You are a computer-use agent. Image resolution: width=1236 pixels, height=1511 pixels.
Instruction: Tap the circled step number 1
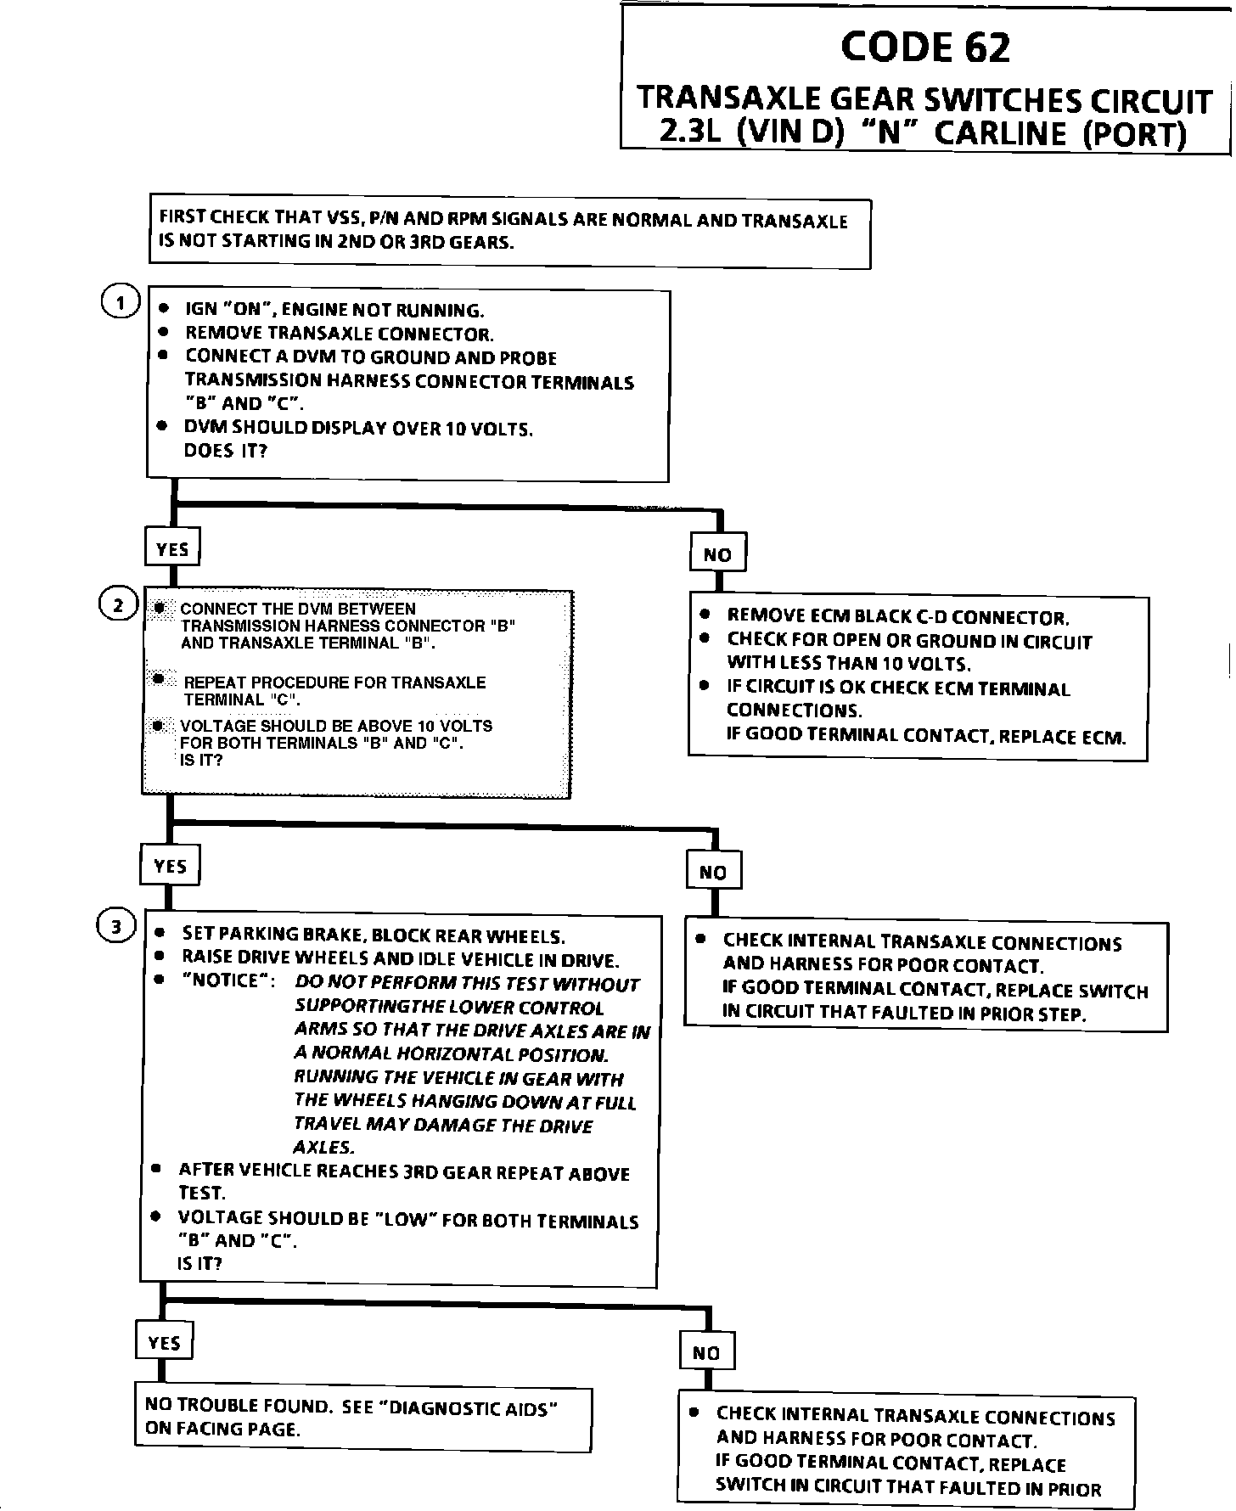pyautogui.click(x=121, y=303)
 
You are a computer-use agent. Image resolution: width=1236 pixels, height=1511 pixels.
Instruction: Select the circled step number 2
pyautogui.click(x=119, y=605)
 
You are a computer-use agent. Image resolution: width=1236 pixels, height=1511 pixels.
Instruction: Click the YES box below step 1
pyautogui.click(x=172, y=549)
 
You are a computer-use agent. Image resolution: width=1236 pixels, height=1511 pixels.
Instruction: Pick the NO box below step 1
pyautogui.click(x=717, y=555)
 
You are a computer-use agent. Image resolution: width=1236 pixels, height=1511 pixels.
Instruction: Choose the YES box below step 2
pyautogui.click(x=170, y=867)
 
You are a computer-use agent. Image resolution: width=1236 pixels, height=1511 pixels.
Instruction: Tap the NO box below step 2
pyautogui.click(x=713, y=873)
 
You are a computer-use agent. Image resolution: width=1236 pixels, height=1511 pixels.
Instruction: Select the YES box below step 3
pyautogui.click(x=164, y=1343)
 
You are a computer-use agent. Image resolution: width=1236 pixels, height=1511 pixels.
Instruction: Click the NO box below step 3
pyautogui.click(x=706, y=1353)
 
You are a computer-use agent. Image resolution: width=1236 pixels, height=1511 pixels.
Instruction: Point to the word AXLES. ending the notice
pyautogui.click(x=324, y=1148)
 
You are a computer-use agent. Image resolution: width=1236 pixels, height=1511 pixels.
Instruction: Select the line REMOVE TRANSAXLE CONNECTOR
pyautogui.click(x=339, y=334)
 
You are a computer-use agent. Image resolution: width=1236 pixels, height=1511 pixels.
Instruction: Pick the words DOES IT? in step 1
pyautogui.click(x=225, y=451)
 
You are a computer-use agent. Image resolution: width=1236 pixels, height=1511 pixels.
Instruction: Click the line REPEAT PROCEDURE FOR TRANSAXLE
pyautogui.click(x=334, y=682)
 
